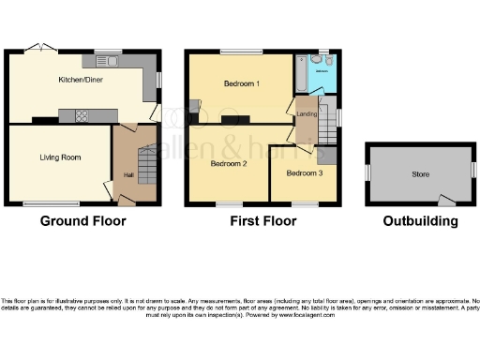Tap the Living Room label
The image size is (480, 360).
58,157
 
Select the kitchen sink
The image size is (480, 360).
106,62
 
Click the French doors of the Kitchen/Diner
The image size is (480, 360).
39,48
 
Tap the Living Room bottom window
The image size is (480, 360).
51,203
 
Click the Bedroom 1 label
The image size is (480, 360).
242,83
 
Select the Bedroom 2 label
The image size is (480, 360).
228,163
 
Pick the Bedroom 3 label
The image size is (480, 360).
304,173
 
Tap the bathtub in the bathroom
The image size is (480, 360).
301,70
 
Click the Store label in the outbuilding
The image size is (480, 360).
421,174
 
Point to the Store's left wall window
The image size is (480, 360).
367,173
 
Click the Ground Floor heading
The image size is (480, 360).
82,221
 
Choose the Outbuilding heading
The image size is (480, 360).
420,221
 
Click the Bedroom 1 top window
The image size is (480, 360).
234,51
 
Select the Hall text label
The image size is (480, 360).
125,174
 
